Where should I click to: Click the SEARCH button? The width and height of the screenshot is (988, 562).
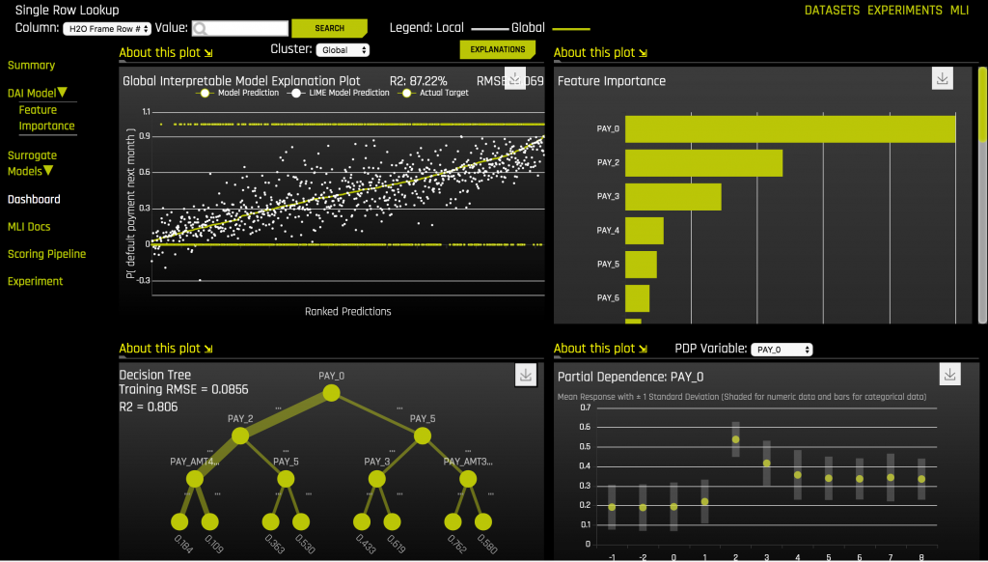point(329,28)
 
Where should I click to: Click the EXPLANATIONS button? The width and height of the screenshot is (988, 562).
point(498,49)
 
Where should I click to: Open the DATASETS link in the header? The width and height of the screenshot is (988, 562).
point(832,10)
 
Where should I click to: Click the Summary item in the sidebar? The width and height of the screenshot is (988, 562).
point(31,65)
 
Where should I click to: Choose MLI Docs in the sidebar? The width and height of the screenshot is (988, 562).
point(29,227)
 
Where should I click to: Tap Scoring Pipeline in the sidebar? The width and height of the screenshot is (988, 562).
point(46,254)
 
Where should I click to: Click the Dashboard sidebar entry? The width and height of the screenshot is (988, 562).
point(34,200)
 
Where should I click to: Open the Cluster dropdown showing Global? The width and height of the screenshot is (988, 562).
point(344,49)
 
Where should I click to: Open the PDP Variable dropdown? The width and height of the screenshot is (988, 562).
point(782,350)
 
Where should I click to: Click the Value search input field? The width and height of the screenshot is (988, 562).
point(240,29)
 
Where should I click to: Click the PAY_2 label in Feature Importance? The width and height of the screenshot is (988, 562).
point(608,163)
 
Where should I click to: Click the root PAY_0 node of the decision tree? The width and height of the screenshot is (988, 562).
point(331,392)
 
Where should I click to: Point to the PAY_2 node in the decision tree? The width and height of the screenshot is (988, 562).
point(240,436)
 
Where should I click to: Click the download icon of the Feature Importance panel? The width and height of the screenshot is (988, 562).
point(943,79)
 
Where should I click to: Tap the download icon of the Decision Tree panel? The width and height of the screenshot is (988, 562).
point(526,375)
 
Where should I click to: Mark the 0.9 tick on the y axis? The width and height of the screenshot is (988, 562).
point(144,136)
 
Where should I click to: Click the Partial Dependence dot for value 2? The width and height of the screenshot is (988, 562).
point(735,439)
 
